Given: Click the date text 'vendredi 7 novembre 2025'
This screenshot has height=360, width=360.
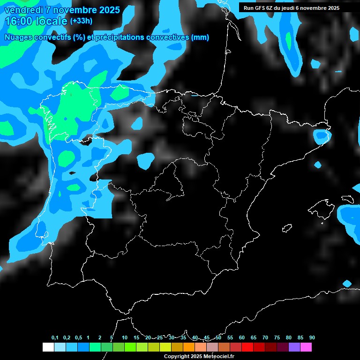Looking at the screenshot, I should pos(62,10).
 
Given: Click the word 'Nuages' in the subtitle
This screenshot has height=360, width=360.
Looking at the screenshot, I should pos(18,37).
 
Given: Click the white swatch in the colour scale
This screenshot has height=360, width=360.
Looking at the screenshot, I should pos(48,347).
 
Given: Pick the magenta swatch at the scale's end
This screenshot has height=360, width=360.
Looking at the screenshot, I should pos(306,347).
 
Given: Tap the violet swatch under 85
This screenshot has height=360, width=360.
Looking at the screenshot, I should pos(294,347).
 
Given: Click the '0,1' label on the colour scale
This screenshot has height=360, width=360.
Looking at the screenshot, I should pos(55,338).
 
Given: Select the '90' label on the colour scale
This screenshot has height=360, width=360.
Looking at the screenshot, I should pos(312,338).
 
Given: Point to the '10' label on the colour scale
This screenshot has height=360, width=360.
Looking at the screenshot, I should pos(125,338).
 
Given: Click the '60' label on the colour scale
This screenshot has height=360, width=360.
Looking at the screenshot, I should pos(242,338).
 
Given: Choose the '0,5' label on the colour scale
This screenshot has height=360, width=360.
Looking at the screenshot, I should pos(78,338).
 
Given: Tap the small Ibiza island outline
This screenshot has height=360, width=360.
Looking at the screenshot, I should pos(287,228).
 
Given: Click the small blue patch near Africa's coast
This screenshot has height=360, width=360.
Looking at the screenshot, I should pos(347,284).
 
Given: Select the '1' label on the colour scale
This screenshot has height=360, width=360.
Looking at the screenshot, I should pos(89,338).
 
